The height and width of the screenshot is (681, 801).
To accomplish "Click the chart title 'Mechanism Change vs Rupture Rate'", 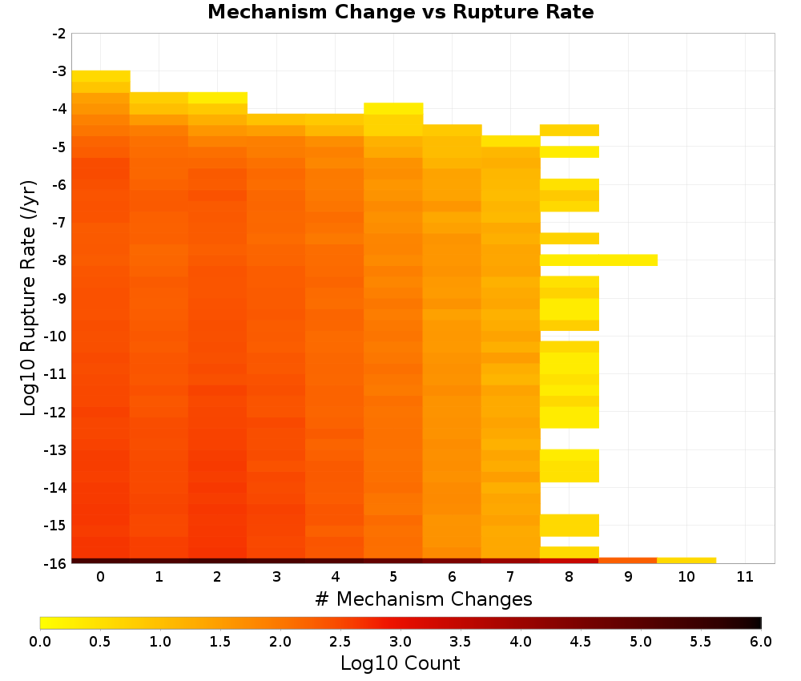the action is [x=400, y=12].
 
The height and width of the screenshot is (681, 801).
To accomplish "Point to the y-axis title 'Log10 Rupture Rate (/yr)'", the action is [x=29, y=298].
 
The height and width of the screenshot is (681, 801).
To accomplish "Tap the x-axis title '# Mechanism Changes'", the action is [x=424, y=599].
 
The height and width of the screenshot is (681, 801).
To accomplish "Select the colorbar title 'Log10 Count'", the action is [x=400, y=663].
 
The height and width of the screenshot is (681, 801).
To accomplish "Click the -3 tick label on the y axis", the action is [x=59, y=71].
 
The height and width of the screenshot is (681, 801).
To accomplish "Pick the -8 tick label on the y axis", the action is [x=59, y=260].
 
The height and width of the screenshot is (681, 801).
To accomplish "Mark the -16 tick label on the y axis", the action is [x=56, y=563].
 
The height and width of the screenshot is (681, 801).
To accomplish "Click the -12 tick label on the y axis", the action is [x=56, y=412].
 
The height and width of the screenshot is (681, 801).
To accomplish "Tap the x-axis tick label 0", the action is [x=101, y=577].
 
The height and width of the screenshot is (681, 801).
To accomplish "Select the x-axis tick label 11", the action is [x=745, y=577].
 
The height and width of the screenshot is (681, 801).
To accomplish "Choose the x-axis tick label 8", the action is [x=569, y=577].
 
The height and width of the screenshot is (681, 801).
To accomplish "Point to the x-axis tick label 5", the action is [x=393, y=577].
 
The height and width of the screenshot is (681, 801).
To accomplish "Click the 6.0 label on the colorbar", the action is [x=761, y=642].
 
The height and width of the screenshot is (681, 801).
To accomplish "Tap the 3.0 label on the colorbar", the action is [x=400, y=642].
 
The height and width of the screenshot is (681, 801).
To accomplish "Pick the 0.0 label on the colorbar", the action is [x=40, y=642].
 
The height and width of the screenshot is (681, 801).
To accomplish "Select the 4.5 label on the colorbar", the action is [x=581, y=642].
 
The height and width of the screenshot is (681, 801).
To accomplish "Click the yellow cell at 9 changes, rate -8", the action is [x=628, y=260].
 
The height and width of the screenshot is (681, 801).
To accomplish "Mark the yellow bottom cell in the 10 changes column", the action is [x=686, y=561].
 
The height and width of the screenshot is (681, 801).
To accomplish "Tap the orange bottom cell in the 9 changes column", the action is [x=628, y=561].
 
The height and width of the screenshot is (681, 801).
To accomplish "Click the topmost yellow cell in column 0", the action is [x=101, y=76].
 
